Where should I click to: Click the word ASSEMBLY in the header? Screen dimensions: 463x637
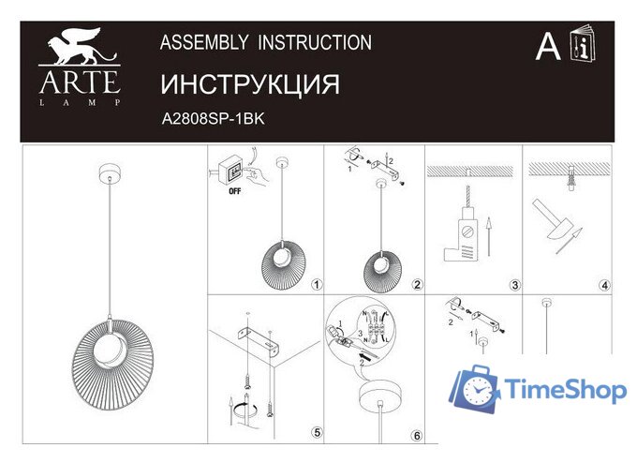pos(204,42)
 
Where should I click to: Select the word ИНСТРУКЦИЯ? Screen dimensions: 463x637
pos(250,84)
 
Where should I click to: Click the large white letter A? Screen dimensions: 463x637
pos(548,46)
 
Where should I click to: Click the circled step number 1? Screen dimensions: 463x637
pos(316,285)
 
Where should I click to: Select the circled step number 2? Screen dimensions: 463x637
pos(417,285)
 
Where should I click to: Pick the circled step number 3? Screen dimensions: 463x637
pos(514,285)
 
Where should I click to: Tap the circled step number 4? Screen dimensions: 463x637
pos(604,285)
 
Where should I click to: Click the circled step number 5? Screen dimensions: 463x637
pos(316,432)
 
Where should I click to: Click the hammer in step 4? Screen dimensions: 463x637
pos(552,215)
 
